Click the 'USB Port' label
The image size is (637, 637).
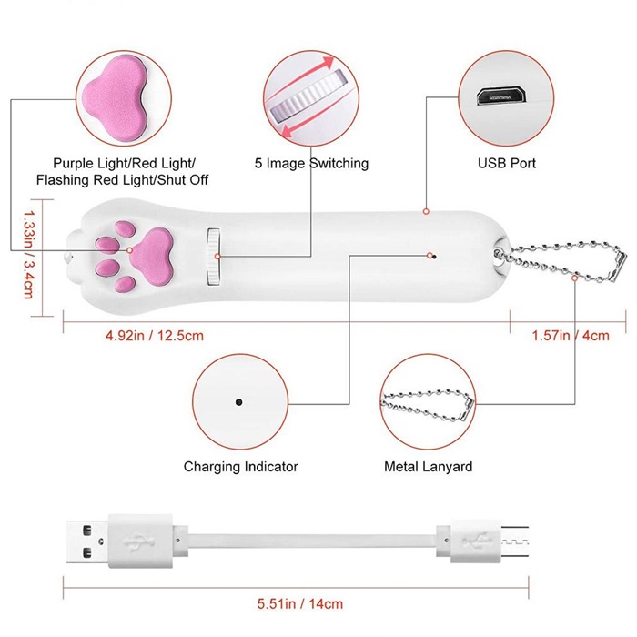click(507, 164)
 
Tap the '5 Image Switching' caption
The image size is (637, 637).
click(312, 164)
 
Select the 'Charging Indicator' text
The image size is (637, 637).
click(240, 467)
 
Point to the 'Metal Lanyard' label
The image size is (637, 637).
click(428, 467)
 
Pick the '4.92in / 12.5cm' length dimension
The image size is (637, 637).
click(154, 335)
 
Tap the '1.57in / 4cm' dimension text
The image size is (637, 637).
click(571, 335)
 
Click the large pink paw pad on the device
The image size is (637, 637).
click(156, 243)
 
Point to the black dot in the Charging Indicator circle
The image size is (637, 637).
click(238, 401)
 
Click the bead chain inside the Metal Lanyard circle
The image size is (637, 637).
click(428, 401)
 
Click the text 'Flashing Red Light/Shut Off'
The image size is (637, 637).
click(122, 180)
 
